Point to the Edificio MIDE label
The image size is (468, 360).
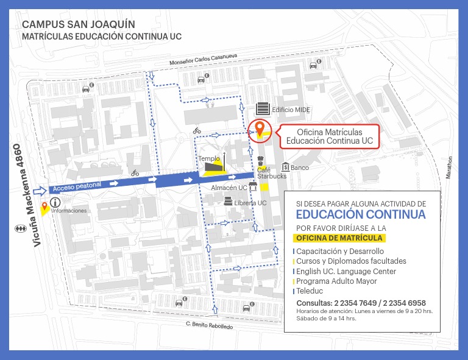click(x=291, y=110)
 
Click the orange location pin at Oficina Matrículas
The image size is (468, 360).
click(x=260, y=128)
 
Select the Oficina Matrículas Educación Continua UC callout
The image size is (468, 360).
click(x=329, y=136)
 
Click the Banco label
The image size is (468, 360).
click(x=300, y=168)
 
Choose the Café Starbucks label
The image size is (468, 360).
click(x=271, y=173)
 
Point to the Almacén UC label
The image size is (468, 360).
click(x=229, y=188)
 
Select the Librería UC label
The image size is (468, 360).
click(x=250, y=203)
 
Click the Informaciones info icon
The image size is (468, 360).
click(x=56, y=202)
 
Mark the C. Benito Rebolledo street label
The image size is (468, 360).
click(x=209, y=326)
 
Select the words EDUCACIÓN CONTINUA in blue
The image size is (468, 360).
click(x=361, y=214)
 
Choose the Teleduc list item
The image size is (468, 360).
click(x=310, y=292)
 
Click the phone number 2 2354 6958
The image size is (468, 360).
click(x=404, y=303)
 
